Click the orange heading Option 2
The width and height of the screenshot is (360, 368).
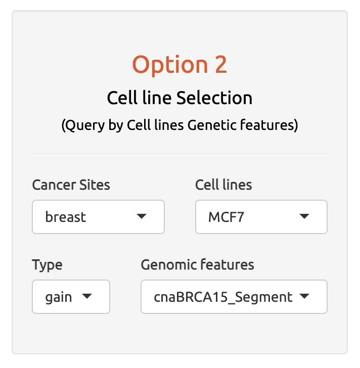(x=179, y=65)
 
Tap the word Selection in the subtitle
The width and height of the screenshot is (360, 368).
(x=214, y=98)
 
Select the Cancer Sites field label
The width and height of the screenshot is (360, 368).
(x=71, y=185)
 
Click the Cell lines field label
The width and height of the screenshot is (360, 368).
(x=223, y=185)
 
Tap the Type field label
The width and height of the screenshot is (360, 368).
(x=47, y=265)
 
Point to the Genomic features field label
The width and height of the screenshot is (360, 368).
(x=197, y=264)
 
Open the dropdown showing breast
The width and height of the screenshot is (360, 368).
(x=98, y=217)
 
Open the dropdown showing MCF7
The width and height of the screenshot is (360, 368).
(x=261, y=217)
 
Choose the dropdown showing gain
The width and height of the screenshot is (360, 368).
(x=71, y=297)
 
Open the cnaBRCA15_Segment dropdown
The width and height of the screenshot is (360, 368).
(x=234, y=297)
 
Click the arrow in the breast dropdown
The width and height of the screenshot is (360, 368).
(x=142, y=216)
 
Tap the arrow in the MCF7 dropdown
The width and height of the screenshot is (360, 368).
(x=304, y=216)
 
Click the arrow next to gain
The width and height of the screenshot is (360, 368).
(x=87, y=296)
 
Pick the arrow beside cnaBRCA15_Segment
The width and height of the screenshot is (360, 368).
(x=304, y=296)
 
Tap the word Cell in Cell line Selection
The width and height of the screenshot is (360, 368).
(x=122, y=98)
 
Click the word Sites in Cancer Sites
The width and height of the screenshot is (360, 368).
(x=95, y=185)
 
